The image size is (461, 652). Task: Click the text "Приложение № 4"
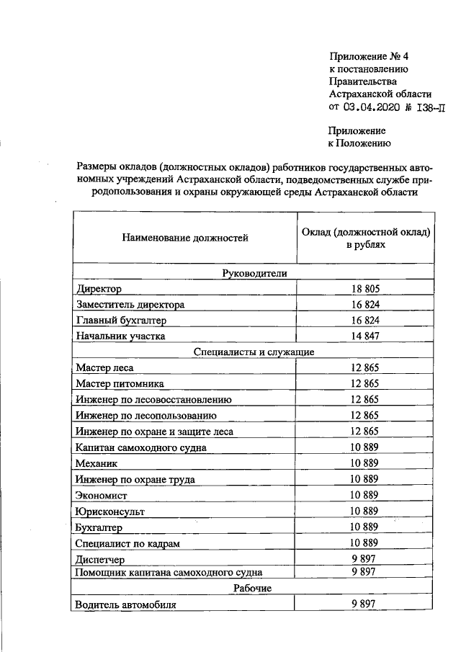pyautogui.click(x=372, y=56)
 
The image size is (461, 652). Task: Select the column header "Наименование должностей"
pyautogui.click(x=185, y=238)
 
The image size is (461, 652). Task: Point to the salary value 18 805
pyautogui.click(x=364, y=289)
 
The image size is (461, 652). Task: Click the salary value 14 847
pyautogui.click(x=364, y=336)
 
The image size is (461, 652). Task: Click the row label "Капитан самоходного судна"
pyautogui.click(x=141, y=447)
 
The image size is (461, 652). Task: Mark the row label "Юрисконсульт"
pyautogui.click(x=110, y=511)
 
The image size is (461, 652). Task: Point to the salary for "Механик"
pyautogui.click(x=364, y=463)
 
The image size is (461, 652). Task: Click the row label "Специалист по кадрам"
pyautogui.click(x=127, y=542)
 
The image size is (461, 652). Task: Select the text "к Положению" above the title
pyautogui.click(x=359, y=143)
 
